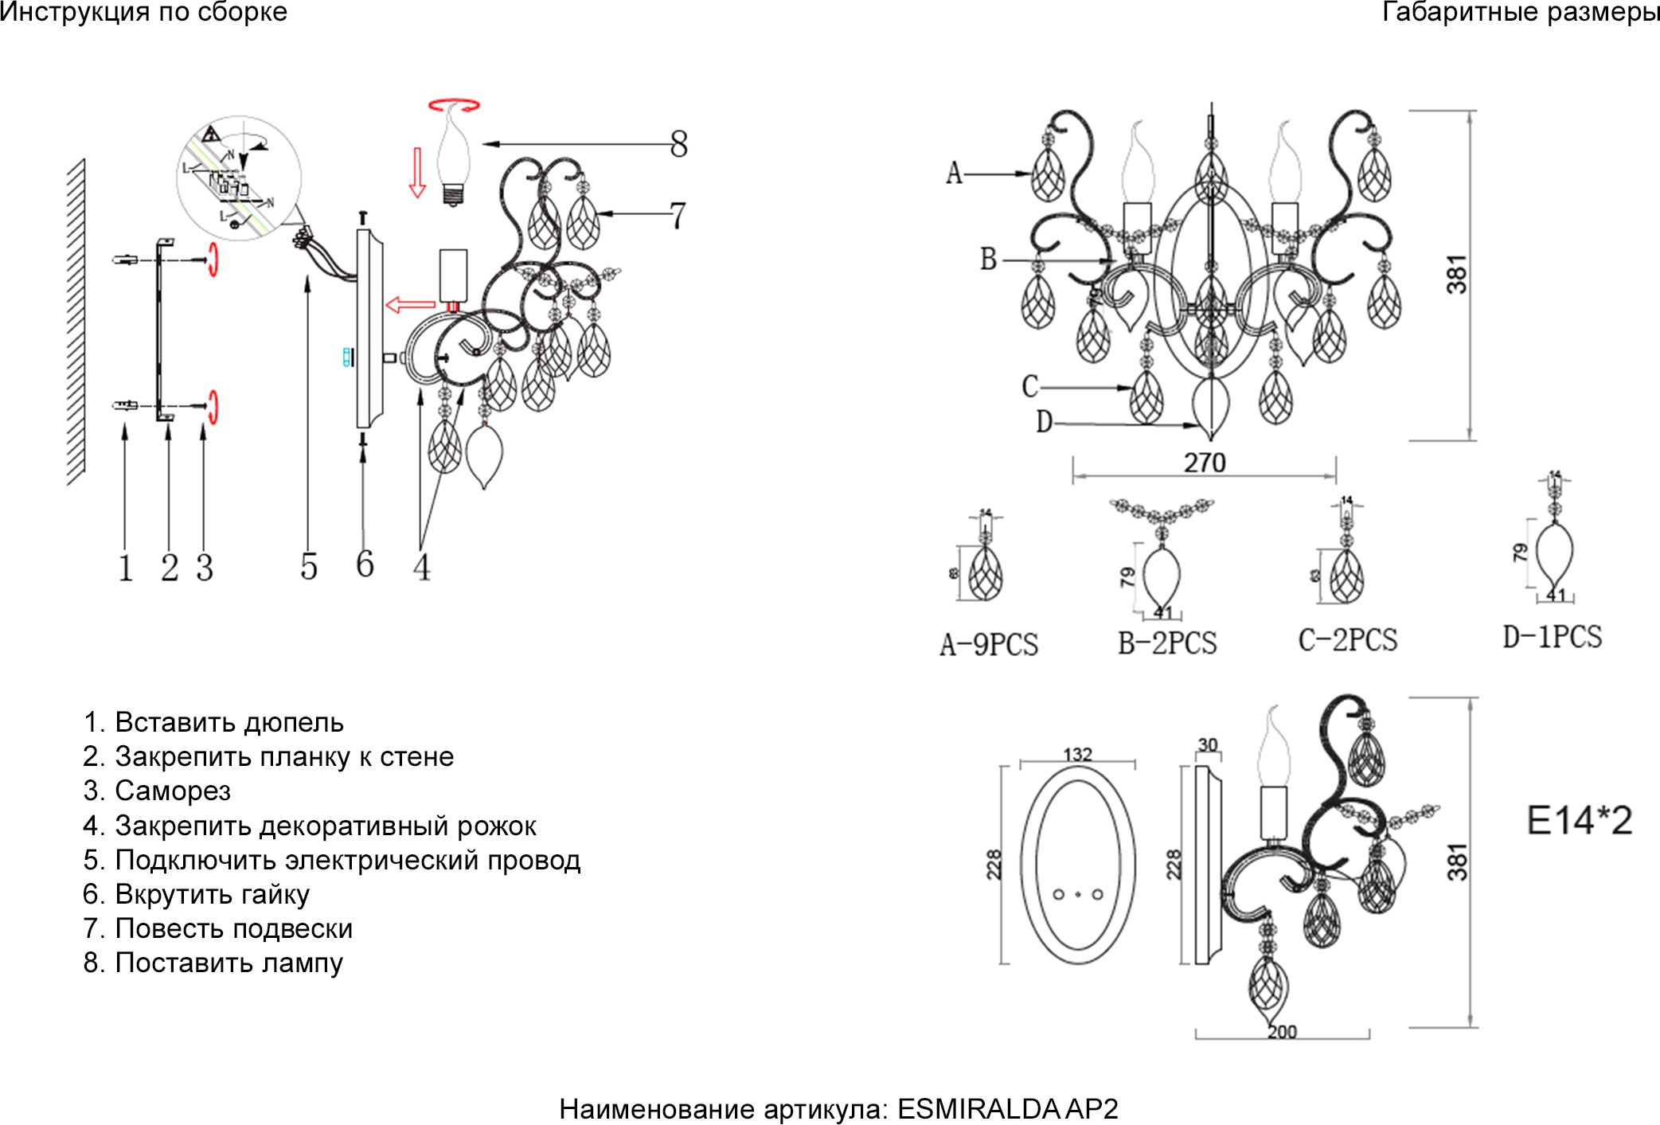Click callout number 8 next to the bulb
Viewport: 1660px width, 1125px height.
tap(678, 144)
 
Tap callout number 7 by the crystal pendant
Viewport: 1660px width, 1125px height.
tap(677, 216)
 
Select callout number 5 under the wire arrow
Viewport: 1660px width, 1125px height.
tap(309, 567)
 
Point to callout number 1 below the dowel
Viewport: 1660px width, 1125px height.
tap(125, 568)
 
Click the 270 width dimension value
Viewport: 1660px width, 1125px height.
tap(1204, 463)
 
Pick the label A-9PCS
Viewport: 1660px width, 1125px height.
tap(989, 644)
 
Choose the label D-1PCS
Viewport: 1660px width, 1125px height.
tap(1552, 637)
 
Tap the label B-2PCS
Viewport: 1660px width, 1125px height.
tap(1167, 643)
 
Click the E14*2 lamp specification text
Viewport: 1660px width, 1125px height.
tap(1579, 820)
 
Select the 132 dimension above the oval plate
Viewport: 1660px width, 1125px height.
tap(1077, 753)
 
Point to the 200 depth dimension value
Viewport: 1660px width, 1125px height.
tap(1282, 1032)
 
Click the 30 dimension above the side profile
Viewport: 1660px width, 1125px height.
tap(1208, 744)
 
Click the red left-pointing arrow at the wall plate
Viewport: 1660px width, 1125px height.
tap(410, 304)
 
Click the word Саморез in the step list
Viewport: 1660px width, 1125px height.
tap(173, 791)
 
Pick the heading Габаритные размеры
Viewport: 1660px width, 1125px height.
tap(1520, 12)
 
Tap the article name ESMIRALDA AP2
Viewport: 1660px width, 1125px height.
tap(1007, 1108)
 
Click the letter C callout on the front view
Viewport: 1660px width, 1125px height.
tap(1030, 386)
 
